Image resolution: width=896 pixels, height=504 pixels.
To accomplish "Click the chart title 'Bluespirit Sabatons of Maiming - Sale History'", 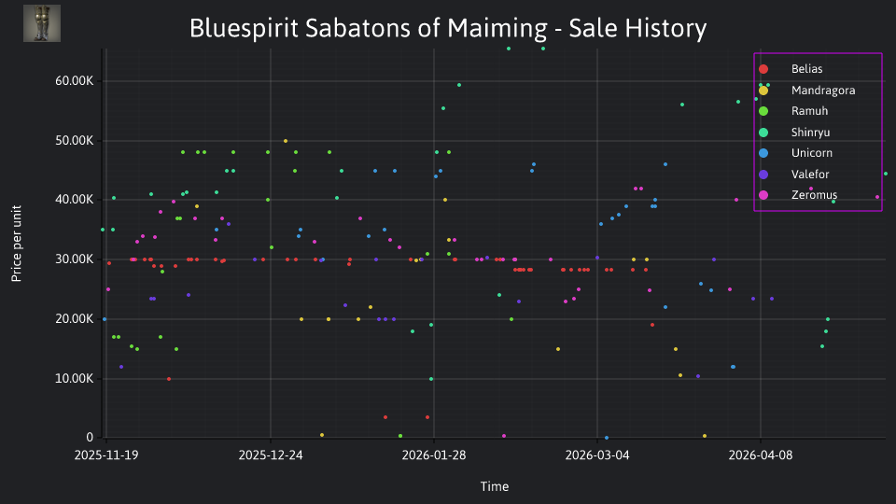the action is click(448, 28).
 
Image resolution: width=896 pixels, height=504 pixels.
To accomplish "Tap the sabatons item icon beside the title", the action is click(42, 23).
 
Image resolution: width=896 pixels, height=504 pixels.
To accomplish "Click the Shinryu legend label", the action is click(810, 132).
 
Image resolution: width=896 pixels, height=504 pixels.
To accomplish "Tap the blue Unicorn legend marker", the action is click(763, 153).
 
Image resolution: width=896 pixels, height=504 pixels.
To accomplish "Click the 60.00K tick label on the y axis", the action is click(75, 81).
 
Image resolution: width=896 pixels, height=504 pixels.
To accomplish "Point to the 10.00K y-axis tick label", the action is click(75, 379).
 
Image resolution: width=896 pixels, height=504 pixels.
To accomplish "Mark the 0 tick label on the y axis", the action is click(90, 438).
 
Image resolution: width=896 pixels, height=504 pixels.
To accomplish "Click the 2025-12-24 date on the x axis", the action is click(271, 455).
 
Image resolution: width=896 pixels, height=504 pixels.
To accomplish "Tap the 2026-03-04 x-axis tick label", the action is click(597, 455).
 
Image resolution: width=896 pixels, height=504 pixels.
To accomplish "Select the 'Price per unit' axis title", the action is click(16, 244).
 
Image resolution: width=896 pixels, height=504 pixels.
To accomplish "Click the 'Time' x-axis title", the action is click(495, 486).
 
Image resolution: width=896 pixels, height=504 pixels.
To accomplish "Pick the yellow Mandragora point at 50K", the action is click(286, 141).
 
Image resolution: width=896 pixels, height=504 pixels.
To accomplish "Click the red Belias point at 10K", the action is click(169, 379).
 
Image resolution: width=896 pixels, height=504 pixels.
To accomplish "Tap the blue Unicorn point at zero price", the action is click(607, 438).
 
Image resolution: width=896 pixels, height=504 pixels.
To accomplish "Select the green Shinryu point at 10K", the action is click(431, 379).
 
